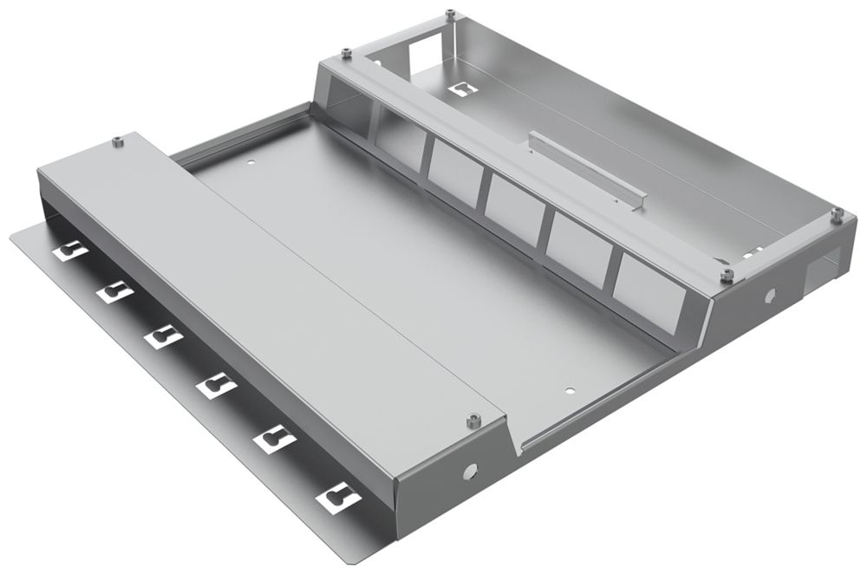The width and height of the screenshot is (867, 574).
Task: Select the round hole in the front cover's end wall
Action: click(x=472, y=472)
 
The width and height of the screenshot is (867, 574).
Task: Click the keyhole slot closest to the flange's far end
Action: click(x=70, y=251)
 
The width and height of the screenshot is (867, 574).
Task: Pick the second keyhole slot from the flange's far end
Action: click(x=114, y=292)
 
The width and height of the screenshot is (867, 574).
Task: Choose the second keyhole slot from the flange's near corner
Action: click(x=274, y=439)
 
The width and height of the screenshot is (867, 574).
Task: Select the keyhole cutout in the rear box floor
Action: click(x=463, y=88)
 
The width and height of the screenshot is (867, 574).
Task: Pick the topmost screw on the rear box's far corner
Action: click(x=451, y=14)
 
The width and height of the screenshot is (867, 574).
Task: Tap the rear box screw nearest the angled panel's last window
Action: click(x=727, y=275)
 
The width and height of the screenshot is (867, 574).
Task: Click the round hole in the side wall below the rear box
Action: click(x=769, y=295)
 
